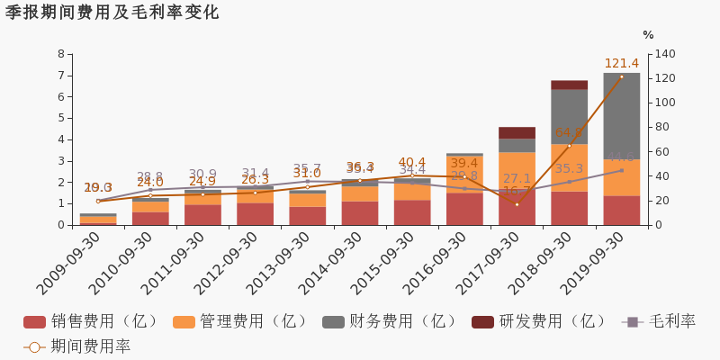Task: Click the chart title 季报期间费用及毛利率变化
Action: (x=112, y=13)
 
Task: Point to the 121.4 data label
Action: (x=621, y=64)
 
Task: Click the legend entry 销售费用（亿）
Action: (x=93, y=321)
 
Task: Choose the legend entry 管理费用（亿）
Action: (x=242, y=321)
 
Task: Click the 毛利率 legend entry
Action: (x=660, y=321)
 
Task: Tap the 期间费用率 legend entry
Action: (x=78, y=346)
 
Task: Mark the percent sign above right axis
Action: (x=648, y=35)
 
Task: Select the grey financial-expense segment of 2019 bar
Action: (x=621, y=116)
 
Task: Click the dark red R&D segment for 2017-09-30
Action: (x=517, y=132)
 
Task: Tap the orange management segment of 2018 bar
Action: (x=569, y=167)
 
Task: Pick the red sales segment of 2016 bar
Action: (x=464, y=209)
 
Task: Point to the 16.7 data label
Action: (x=517, y=192)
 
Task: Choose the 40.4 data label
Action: (x=411, y=163)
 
